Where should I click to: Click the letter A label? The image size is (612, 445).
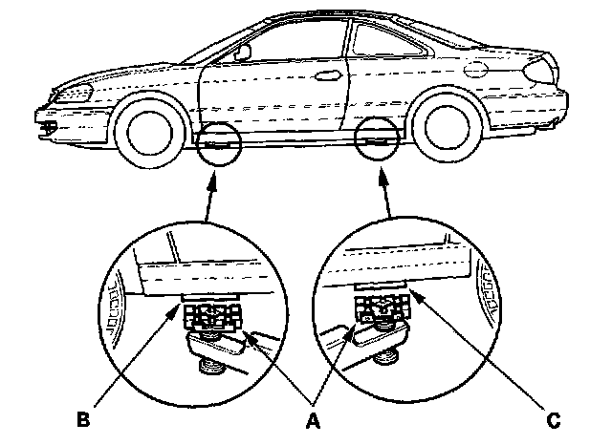point(312,418)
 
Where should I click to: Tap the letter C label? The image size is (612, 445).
point(553,418)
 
